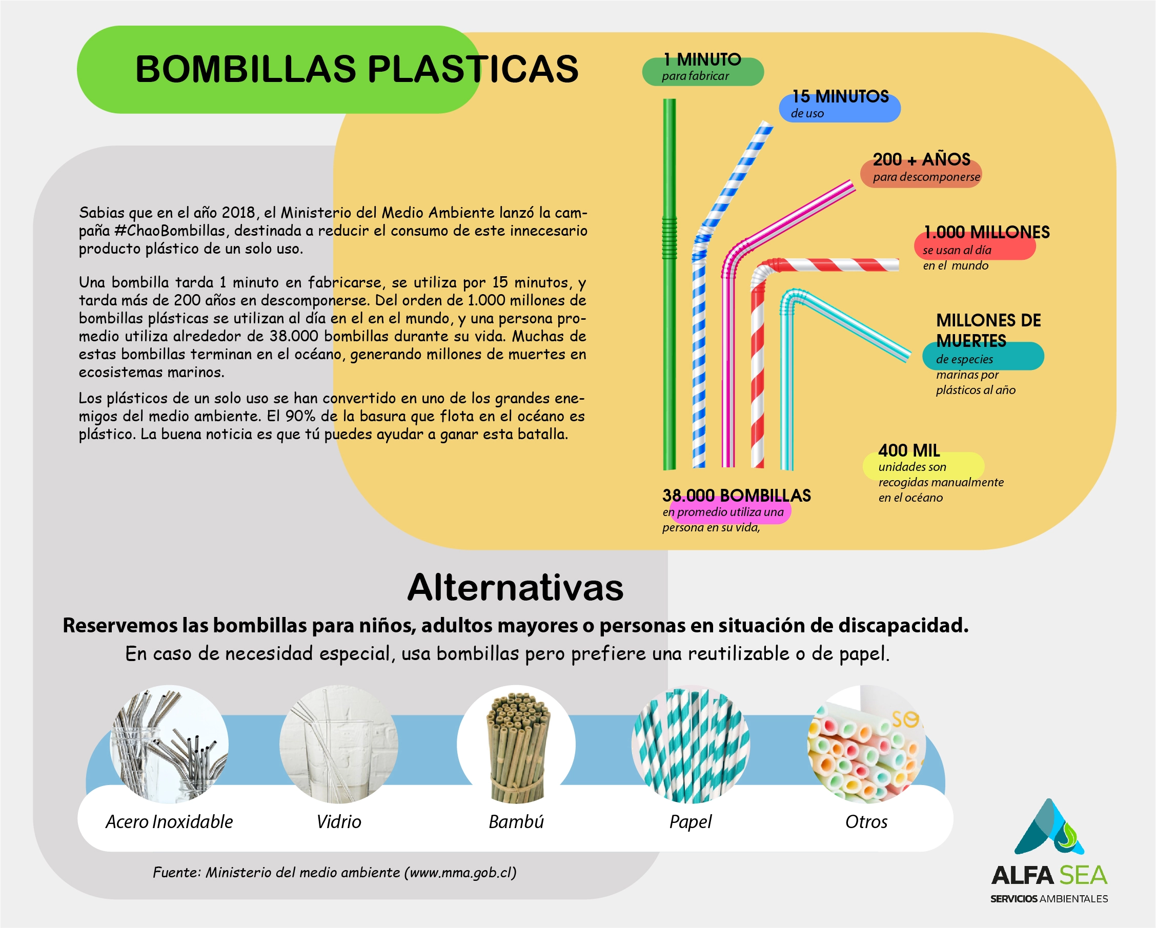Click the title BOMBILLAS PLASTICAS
[x=357, y=69]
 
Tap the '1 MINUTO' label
[x=702, y=59]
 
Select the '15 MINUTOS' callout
[x=840, y=96]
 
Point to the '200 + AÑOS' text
[x=921, y=159]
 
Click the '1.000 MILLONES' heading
[x=986, y=232]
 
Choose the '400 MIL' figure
[x=909, y=450]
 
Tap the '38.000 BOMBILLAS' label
[x=736, y=496]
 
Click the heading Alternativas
[x=515, y=588]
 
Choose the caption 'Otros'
[x=866, y=822]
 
